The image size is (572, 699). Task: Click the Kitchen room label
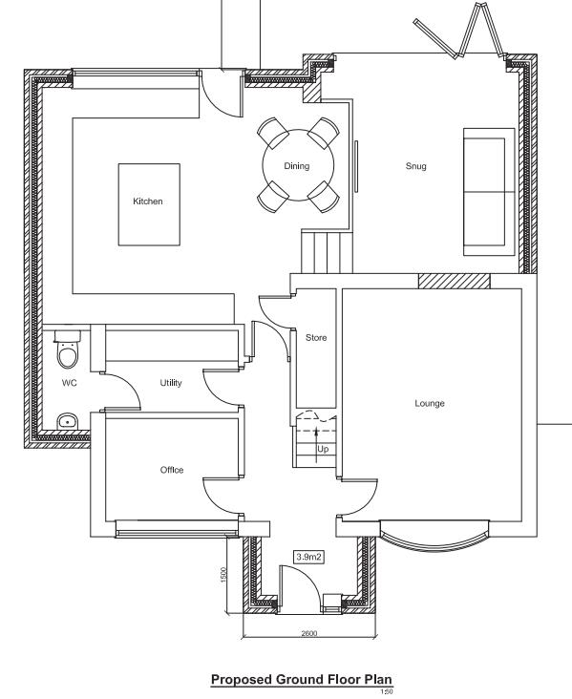(148, 201)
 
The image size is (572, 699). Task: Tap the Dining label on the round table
(297, 166)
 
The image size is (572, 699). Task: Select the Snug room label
(414, 166)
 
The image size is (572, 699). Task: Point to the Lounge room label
(430, 403)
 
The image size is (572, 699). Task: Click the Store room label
(315, 338)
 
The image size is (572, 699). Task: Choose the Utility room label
(171, 383)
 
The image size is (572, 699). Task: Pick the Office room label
(172, 470)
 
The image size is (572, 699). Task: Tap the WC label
(69, 383)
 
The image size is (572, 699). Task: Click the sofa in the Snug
(484, 191)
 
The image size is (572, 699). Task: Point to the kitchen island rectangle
(148, 203)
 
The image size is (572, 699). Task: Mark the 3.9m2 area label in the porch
(309, 556)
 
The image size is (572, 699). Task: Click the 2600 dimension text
(308, 632)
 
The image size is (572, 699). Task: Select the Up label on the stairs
(323, 449)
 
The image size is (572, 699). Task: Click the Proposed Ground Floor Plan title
(301, 680)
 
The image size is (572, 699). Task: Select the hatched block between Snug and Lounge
(455, 281)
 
